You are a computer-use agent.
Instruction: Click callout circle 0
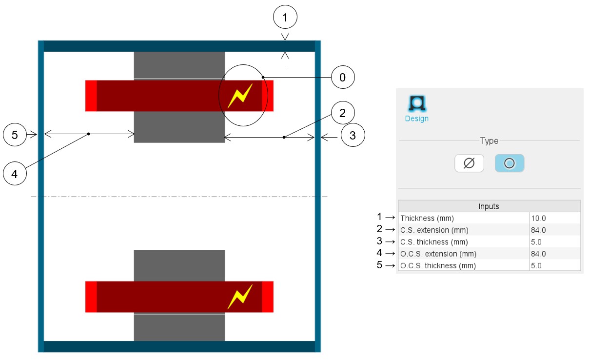pyautogui.click(x=342, y=77)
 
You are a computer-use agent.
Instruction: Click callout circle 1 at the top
pyautogui.click(x=285, y=18)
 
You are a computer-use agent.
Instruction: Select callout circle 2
pyautogui.click(x=342, y=114)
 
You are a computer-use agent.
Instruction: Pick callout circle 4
pyautogui.click(x=15, y=174)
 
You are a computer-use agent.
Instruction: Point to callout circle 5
pyautogui.click(x=15, y=135)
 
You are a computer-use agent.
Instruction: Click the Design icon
pyautogui.click(x=416, y=103)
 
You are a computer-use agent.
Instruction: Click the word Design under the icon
pyautogui.click(x=416, y=119)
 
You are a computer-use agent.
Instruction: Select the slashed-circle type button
pyautogui.click(x=469, y=163)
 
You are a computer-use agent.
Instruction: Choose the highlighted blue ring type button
pyautogui.click(x=509, y=163)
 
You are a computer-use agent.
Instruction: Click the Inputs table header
pyautogui.click(x=489, y=206)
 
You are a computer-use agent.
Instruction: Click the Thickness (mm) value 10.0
pyautogui.click(x=554, y=218)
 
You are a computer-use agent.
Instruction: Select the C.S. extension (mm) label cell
pyautogui.click(x=463, y=230)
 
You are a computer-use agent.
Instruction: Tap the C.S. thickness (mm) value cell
pyautogui.click(x=554, y=242)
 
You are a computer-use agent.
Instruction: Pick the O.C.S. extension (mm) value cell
pyautogui.click(x=554, y=254)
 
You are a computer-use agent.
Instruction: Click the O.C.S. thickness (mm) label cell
pyautogui.click(x=463, y=266)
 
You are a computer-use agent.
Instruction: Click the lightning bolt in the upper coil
pyautogui.click(x=240, y=96)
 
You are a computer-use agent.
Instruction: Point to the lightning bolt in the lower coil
pyautogui.click(x=240, y=297)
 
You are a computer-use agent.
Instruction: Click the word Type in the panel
pyautogui.click(x=489, y=141)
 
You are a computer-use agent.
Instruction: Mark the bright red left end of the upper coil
pyautogui.click(x=91, y=96)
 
